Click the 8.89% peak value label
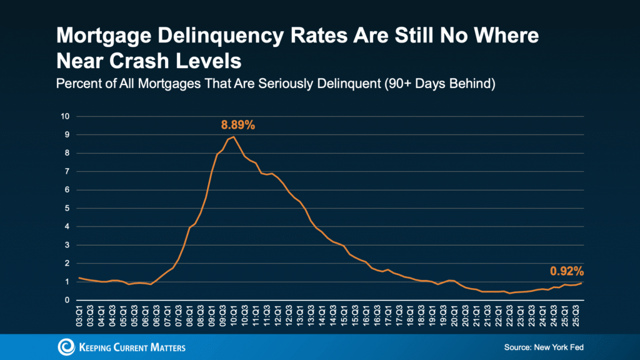237,125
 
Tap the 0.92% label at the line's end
566,271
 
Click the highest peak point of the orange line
233,137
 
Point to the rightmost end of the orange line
582,283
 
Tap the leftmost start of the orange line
79,277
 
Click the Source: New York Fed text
543,347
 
